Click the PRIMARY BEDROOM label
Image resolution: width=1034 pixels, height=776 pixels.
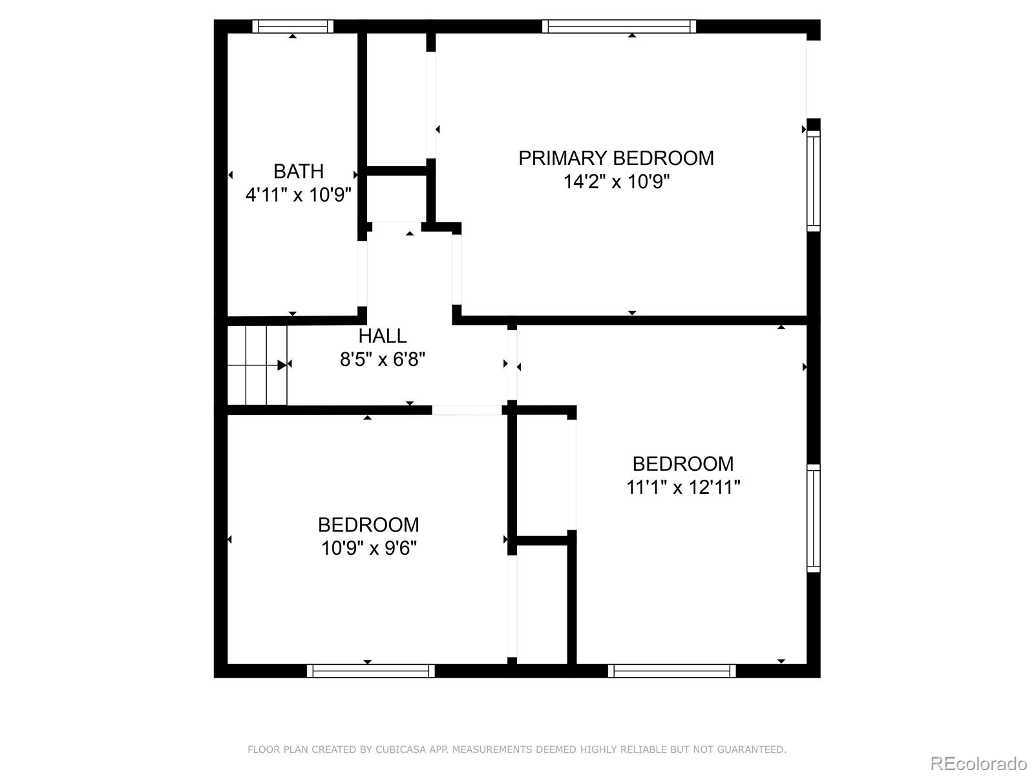(616, 158)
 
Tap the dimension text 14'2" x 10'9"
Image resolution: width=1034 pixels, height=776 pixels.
(616, 182)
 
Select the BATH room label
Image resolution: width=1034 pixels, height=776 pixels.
(299, 171)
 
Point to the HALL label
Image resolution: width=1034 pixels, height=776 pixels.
(383, 336)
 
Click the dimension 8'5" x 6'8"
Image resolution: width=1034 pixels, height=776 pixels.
(383, 359)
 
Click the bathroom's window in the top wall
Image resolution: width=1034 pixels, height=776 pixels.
(293, 27)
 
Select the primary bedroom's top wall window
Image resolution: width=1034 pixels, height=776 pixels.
(619, 27)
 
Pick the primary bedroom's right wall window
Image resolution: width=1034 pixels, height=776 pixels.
(814, 180)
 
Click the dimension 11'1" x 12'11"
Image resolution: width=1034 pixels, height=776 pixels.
(683, 487)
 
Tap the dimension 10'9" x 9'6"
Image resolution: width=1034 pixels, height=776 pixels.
(369, 548)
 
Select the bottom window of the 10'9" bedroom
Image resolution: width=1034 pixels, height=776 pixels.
(370, 671)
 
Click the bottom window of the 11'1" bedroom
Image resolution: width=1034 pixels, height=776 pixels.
(671, 671)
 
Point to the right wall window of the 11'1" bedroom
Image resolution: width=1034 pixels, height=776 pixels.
(814, 518)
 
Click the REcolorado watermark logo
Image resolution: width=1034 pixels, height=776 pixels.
(978, 763)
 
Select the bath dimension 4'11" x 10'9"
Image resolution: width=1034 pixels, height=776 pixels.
(299, 195)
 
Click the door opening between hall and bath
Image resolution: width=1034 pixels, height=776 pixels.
(363, 274)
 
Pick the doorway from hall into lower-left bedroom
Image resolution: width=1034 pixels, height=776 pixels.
(467, 410)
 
